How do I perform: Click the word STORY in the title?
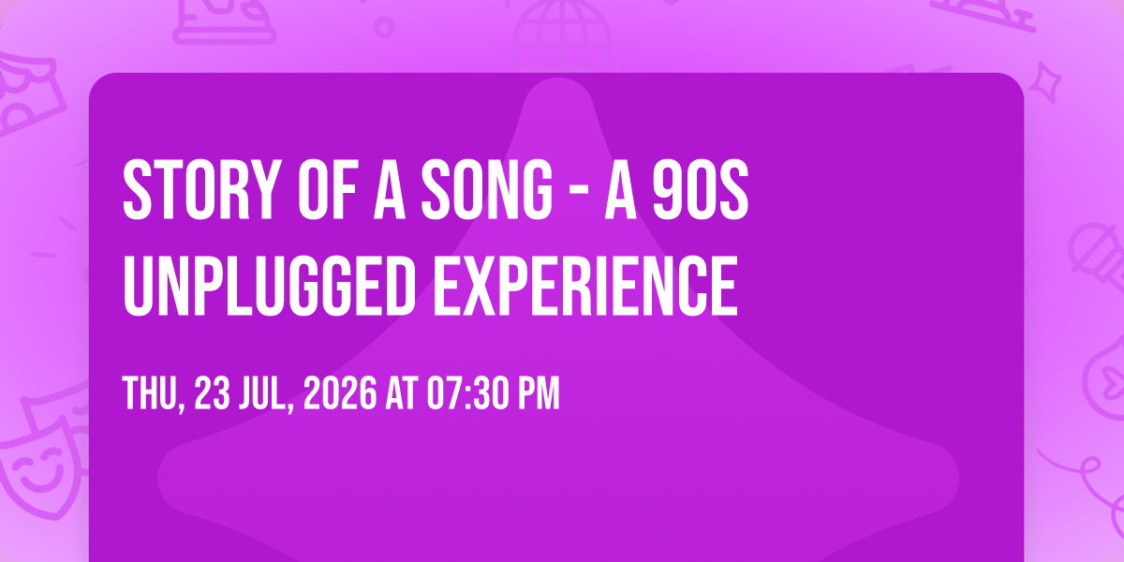[x=200, y=189]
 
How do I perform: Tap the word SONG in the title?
[x=487, y=189]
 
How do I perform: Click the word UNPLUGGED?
[x=270, y=286]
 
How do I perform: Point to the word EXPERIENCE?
[x=585, y=286]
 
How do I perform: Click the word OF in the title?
[x=328, y=189]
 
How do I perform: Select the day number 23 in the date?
[x=213, y=393]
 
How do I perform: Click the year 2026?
[x=340, y=393]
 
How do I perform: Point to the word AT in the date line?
[x=402, y=393]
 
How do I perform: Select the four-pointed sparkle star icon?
[x=1045, y=82]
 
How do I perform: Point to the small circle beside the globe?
[x=384, y=27]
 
